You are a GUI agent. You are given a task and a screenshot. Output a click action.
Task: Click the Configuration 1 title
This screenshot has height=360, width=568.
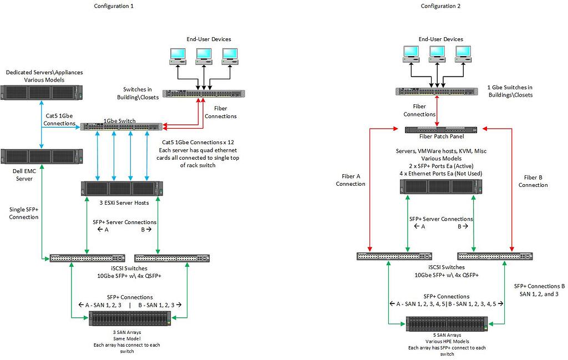[x=114, y=6]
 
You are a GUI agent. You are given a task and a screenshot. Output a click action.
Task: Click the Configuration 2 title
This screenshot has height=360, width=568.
[x=441, y=6]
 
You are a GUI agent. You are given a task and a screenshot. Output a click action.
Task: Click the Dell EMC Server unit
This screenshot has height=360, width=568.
[x=42, y=156]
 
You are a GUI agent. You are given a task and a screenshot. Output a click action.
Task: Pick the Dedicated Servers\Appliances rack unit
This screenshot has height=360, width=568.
[x=42, y=93]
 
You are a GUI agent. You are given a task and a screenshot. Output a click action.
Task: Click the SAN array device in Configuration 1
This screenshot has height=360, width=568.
[x=130, y=318]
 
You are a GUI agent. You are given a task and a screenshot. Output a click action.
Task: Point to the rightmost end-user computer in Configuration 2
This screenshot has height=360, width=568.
[x=464, y=53]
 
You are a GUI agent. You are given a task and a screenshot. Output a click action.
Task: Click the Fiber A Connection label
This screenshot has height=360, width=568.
[x=351, y=180]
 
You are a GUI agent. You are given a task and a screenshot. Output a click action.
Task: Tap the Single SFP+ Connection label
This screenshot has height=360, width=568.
[x=24, y=213]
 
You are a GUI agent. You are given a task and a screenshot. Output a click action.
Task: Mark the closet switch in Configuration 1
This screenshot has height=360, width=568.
[x=203, y=94]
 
